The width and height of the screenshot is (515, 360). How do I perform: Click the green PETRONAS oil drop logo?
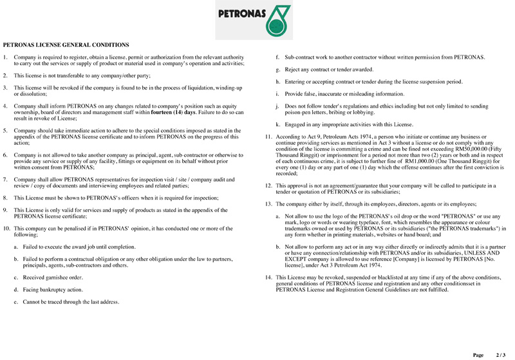click(277, 19)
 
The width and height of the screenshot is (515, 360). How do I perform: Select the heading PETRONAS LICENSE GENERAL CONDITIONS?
click(66, 46)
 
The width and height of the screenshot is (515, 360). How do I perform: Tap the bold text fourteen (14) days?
click(173, 111)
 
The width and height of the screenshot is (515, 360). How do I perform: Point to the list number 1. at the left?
click(6, 57)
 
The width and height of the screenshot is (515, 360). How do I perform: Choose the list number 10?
click(7, 229)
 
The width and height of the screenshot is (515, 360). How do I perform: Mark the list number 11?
click(268, 138)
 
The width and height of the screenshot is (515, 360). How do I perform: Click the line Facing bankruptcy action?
click(53, 289)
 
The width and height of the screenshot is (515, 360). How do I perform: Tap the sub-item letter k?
click(277, 123)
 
